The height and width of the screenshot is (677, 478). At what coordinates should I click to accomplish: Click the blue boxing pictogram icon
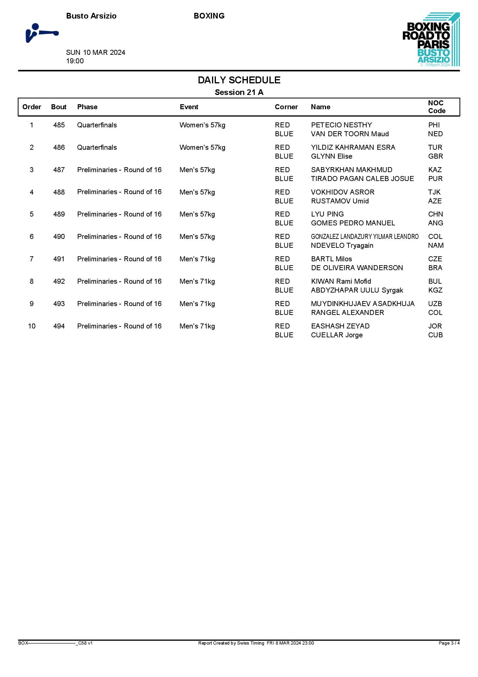[42, 33]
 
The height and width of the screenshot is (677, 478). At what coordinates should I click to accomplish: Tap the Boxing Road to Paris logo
[431, 39]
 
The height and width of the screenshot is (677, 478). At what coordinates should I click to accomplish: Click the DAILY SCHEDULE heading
[239, 80]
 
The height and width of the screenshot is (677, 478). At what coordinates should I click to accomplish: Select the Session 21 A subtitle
[239, 92]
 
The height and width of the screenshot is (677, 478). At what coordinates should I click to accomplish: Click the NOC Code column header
[436, 107]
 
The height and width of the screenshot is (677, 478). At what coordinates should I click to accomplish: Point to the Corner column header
[286, 107]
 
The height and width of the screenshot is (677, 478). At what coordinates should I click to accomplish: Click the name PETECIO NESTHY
[341, 125]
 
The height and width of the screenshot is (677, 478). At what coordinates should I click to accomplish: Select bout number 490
[59, 237]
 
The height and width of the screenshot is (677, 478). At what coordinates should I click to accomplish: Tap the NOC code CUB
[435, 335]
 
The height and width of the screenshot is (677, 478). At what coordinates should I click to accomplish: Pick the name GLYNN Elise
[332, 156]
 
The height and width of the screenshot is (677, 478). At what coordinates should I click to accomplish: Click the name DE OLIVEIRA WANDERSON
[357, 268]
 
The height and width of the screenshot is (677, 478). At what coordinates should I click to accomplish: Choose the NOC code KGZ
[435, 290]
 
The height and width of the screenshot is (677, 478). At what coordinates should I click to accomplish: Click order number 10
[32, 326]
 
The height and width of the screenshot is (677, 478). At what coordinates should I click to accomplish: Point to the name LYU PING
[327, 214]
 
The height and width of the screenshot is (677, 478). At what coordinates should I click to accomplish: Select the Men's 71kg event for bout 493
[197, 304]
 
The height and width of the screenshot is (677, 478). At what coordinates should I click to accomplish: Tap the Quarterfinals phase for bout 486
[97, 147]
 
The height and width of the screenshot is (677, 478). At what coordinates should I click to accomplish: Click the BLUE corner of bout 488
[284, 201]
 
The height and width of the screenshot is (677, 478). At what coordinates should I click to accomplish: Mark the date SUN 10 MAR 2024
[96, 52]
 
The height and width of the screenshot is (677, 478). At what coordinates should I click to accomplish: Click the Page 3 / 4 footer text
[449, 643]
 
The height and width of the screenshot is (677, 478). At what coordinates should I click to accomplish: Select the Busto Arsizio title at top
[91, 16]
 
